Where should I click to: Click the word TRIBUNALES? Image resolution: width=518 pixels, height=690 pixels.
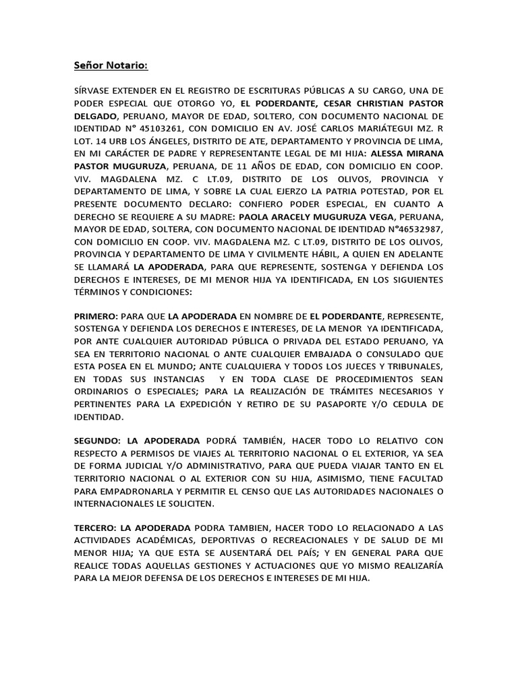pyautogui.click(x=413, y=366)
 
